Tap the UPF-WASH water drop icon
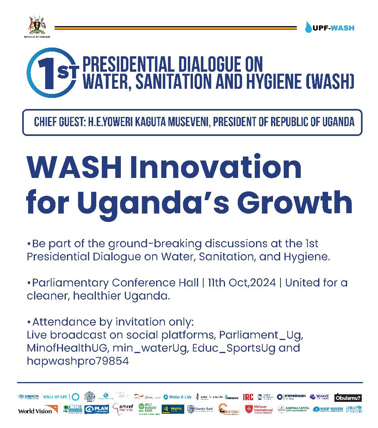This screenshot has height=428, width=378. pyautogui.click(x=308, y=27)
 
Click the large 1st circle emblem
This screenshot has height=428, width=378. pyautogui.click(x=50, y=73)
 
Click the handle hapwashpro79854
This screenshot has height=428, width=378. pyautogui.click(x=78, y=361)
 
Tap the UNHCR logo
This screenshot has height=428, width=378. pyautogui.click(x=29, y=397)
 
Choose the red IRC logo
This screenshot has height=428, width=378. pyautogui.click(x=248, y=397)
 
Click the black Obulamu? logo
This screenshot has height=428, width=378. pyautogui.click(x=348, y=397)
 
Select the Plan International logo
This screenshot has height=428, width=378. pyautogui.click(x=96, y=409)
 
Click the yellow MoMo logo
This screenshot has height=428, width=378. pyautogui.click(x=173, y=409)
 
